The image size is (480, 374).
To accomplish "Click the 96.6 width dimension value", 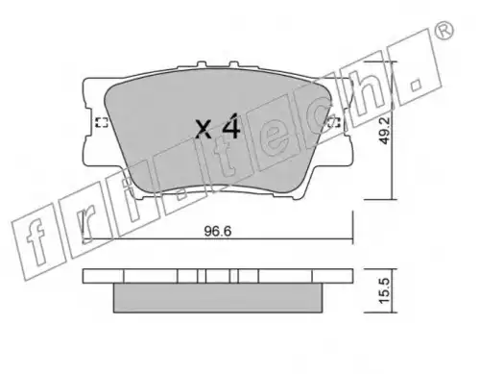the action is (x=218, y=231).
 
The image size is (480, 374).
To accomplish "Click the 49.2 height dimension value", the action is (x=385, y=130).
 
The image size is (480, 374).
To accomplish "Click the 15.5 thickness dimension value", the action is (x=385, y=290).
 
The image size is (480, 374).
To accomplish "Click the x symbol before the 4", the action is (x=204, y=129).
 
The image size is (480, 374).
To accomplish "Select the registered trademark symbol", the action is (x=445, y=31).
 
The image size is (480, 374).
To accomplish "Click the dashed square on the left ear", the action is (x=102, y=122).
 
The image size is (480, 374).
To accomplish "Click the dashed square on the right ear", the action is (x=334, y=122).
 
